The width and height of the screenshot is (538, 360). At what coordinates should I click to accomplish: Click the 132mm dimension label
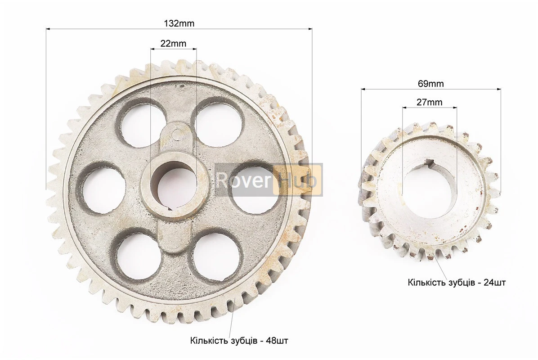pyautogui.click(x=179, y=23)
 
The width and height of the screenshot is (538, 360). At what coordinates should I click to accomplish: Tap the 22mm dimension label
pyautogui.click(x=173, y=44)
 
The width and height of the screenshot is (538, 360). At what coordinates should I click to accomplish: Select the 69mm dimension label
pyautogui.click(x=430, y=83)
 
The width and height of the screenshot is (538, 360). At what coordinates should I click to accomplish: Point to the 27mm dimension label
pyautogui.click(x=429, y=102)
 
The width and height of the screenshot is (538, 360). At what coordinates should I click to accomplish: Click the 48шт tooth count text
pyautogui.click(x=277, y=341)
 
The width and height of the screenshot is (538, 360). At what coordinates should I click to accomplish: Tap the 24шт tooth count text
pyautogui.click(x=494, y=283)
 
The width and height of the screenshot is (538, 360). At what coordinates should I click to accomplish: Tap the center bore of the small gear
pyautogui.click(x=430, y=190)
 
